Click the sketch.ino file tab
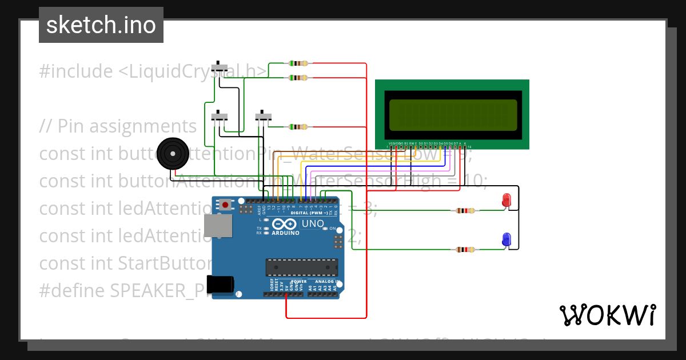[x=101, y=25]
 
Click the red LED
[x=506, y=200]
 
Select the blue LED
[x=506, y=240]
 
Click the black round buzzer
[x=172, y=153]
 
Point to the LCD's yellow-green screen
[x=453, y=115]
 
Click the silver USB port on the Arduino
[x=220, y=226]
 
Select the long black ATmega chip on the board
[x=301, y=267]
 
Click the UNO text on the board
[x=313, y=223]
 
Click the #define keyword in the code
[x=72, y=290]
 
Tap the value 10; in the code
[x=473, y=181]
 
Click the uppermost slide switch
[x=220, y=67]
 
